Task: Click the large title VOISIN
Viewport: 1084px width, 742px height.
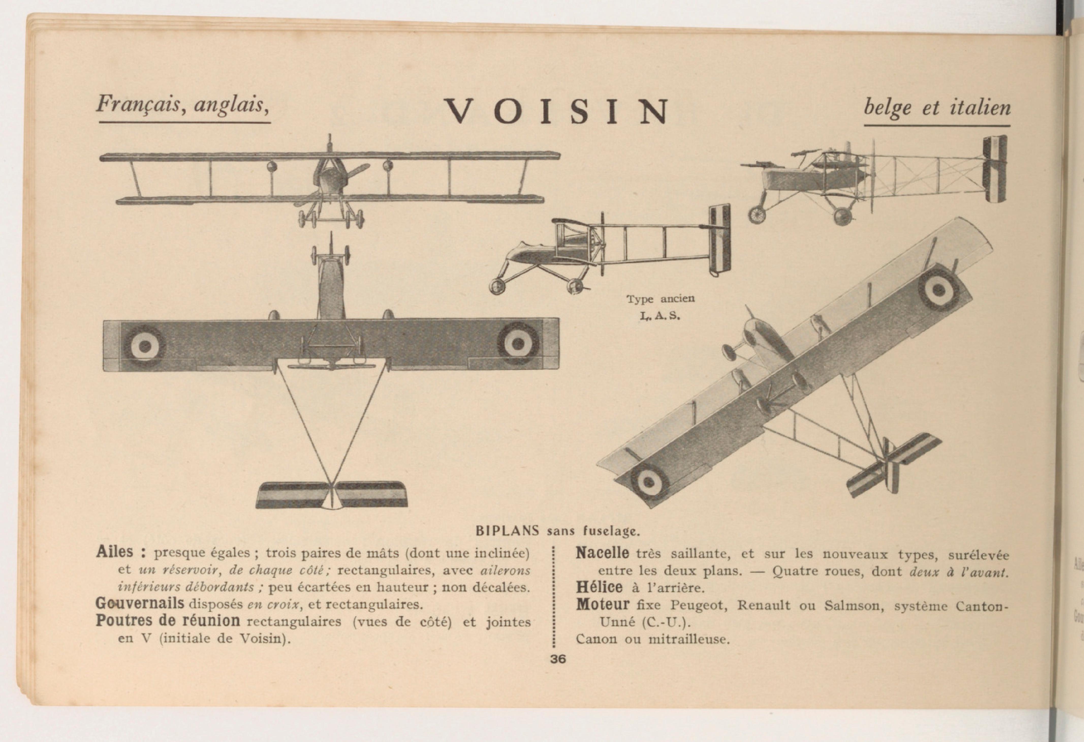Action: pos(556,111)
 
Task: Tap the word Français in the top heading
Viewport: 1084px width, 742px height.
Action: pos(138,104)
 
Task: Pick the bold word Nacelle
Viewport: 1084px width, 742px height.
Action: pos(602,553)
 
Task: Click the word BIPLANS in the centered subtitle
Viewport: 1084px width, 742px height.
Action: pos(507,531)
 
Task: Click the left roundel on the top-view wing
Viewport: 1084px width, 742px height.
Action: pos(145,346)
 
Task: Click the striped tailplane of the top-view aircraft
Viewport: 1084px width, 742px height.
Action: pos(332,495)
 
